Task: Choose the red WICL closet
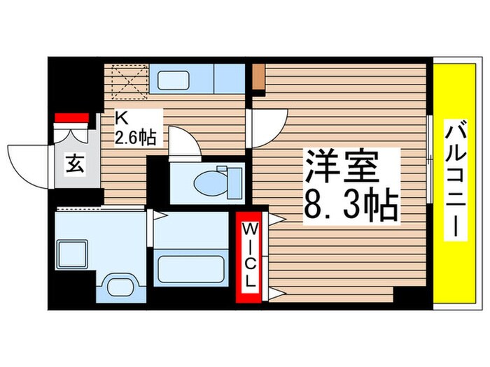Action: (x=248, y=257)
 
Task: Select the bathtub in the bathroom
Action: (x=191, y=268)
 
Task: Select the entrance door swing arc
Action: (x=28, y=164)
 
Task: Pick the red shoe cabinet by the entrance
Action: (x=71, y=117)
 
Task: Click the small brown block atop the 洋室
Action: (x=258, y=78)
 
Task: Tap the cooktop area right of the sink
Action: (x=229, y=79)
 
